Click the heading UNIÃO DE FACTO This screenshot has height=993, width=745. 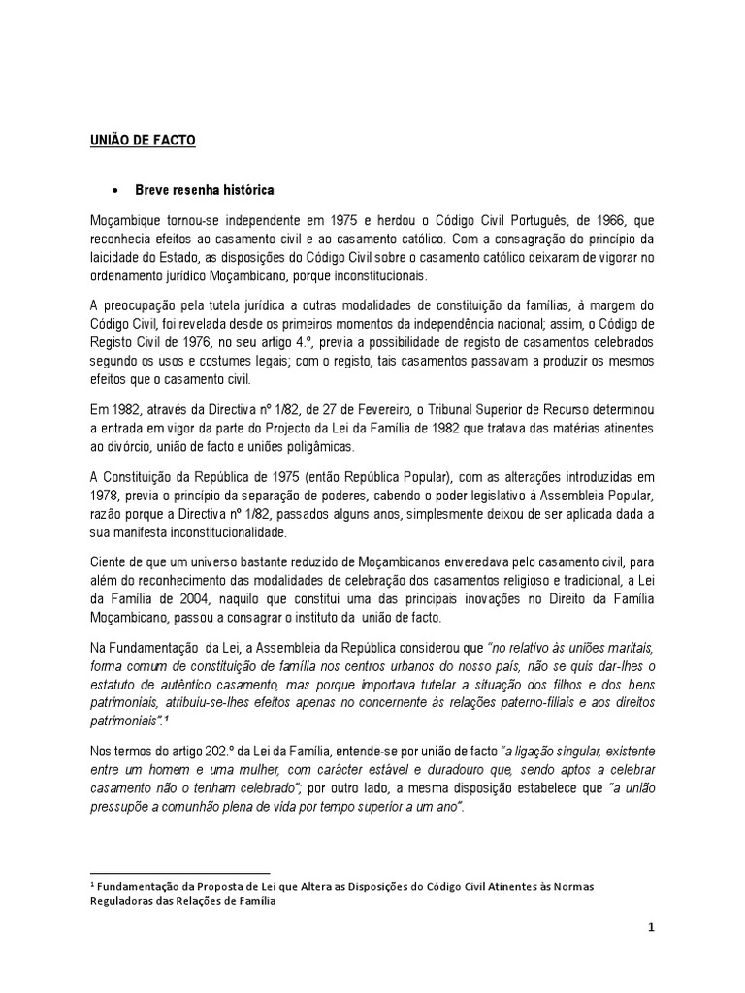[142, 142]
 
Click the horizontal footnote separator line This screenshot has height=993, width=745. [179, 873]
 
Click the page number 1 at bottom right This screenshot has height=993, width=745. [653, 928]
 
